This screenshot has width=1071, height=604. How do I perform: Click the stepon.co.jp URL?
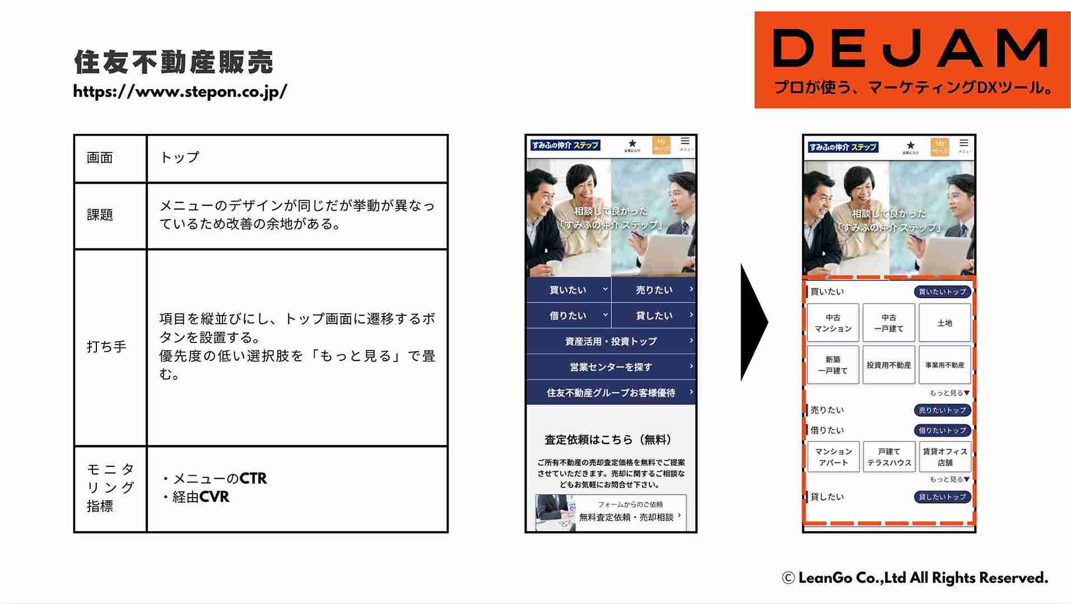tap(180, 91)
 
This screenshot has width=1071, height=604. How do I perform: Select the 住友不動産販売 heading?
tap(174, 62)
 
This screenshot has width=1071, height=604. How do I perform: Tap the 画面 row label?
tap(100, 158)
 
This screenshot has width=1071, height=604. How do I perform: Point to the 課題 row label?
tap(100, 215)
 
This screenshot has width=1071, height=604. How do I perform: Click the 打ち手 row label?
tap(106, 347)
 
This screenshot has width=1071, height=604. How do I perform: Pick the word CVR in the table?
tap(214, 497)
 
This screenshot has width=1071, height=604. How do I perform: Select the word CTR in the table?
tap(253, 478)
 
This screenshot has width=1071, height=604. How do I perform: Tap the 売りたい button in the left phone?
tap(654, 290)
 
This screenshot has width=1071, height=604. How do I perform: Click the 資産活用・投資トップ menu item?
tap(611, 341)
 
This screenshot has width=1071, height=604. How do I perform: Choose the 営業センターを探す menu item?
tap(611, 367)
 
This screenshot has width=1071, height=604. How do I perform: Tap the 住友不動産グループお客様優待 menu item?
tap(611, 393)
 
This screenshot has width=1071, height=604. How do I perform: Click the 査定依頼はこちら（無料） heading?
tap(608, 440)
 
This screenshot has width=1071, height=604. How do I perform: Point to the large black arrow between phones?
tap(753, 322)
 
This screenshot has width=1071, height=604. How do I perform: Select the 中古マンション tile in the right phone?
tap(833, 323)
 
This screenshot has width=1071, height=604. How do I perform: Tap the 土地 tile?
tap(945, 323)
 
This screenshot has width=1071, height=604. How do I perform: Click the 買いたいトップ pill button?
tap(942, 292)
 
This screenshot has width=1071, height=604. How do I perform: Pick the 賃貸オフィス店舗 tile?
tap(945, 457)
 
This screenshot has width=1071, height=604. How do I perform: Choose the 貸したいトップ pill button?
tap(942, 497)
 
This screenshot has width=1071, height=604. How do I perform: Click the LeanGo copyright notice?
tap(915, 578)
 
